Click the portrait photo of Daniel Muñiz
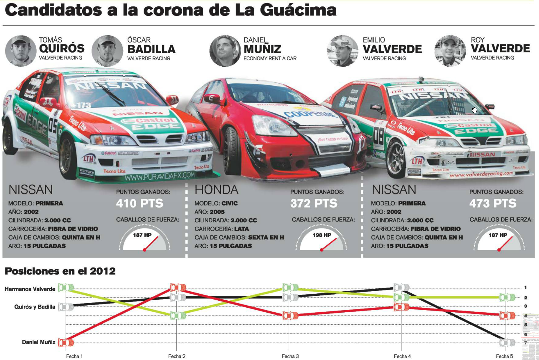tap(225, 50)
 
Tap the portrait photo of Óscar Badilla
tap(107, 50)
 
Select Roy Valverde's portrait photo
tap(450, 50)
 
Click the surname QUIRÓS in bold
tap(62, 48)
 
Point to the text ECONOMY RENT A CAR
tap(270, 59)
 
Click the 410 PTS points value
tap(140, 203)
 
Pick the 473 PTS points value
tap(493, 203)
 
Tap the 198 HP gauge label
tap(322, 235)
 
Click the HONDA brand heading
tap(216, 190)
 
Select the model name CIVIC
tap(230, 203)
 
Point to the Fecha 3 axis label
tap(290, 356)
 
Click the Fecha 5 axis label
tap(504, 356)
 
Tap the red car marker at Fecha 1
tap(66, 342)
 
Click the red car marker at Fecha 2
tap(178, 288)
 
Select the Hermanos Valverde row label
tap(30, 289)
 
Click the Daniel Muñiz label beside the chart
tap(38, 342)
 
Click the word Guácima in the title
tap(298, 10)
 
